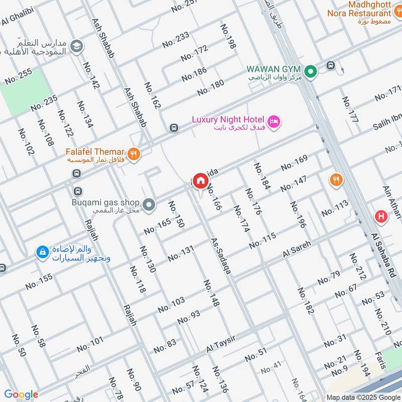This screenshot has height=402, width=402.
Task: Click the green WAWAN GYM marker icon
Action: (x=311, y=72)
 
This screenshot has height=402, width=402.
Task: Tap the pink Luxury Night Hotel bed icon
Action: (x=274, y=122)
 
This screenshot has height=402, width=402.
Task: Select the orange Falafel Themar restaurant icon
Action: (x=133, y=154)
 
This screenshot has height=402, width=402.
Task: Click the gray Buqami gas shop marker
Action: (x=148, y=205)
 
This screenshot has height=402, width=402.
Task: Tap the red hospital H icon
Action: (x=381, y=217)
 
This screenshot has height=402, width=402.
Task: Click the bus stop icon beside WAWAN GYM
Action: (x=331, y=65)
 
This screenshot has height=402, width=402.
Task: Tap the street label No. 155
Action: (x=39, y=281)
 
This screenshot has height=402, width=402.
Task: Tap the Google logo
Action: (x=21, y=394)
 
